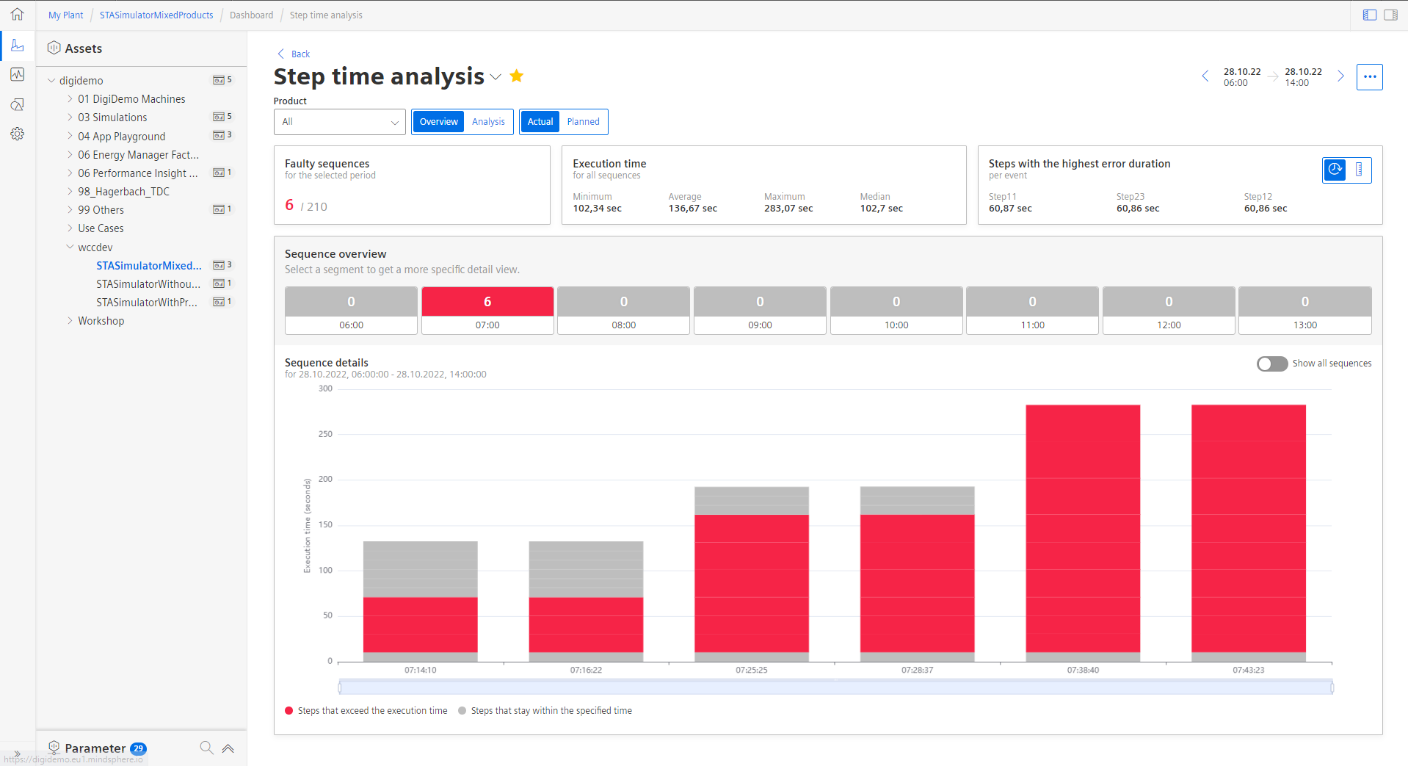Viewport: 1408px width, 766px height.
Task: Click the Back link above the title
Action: point(300,54)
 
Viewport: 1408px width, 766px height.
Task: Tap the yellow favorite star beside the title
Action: point(517,76)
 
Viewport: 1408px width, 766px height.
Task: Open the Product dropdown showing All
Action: point(339,122)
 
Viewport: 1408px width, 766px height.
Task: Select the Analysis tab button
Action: point(488,122)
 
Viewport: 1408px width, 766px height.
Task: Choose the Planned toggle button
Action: point(583,122)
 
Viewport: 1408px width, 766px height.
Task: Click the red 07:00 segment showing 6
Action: point(487,302)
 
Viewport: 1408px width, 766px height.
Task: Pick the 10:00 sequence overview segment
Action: point(896,311)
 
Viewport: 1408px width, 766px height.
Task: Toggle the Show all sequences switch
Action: point(1271,364)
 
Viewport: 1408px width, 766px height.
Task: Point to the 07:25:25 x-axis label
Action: point(751,671)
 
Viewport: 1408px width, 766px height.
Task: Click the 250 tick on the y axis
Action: point(325,434)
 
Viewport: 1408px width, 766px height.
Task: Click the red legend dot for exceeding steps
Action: point(289,711)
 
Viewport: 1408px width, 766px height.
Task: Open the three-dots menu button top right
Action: point(1369,76)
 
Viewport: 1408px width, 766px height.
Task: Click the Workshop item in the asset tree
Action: point(101,321)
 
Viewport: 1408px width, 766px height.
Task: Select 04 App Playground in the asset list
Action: point(122,137)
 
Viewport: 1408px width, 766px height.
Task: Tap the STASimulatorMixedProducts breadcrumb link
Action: point(156,15)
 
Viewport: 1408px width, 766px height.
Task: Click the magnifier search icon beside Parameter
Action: point(206,748)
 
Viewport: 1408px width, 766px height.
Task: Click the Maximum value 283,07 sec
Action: point(788,209)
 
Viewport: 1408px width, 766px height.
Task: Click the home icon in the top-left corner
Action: point(18,15)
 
